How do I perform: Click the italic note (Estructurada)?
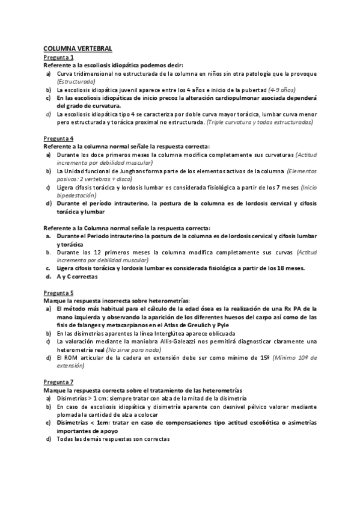pyautogui.click(x=76, y=80)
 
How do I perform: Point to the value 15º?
pyautogui.click(x=263, y=357)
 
